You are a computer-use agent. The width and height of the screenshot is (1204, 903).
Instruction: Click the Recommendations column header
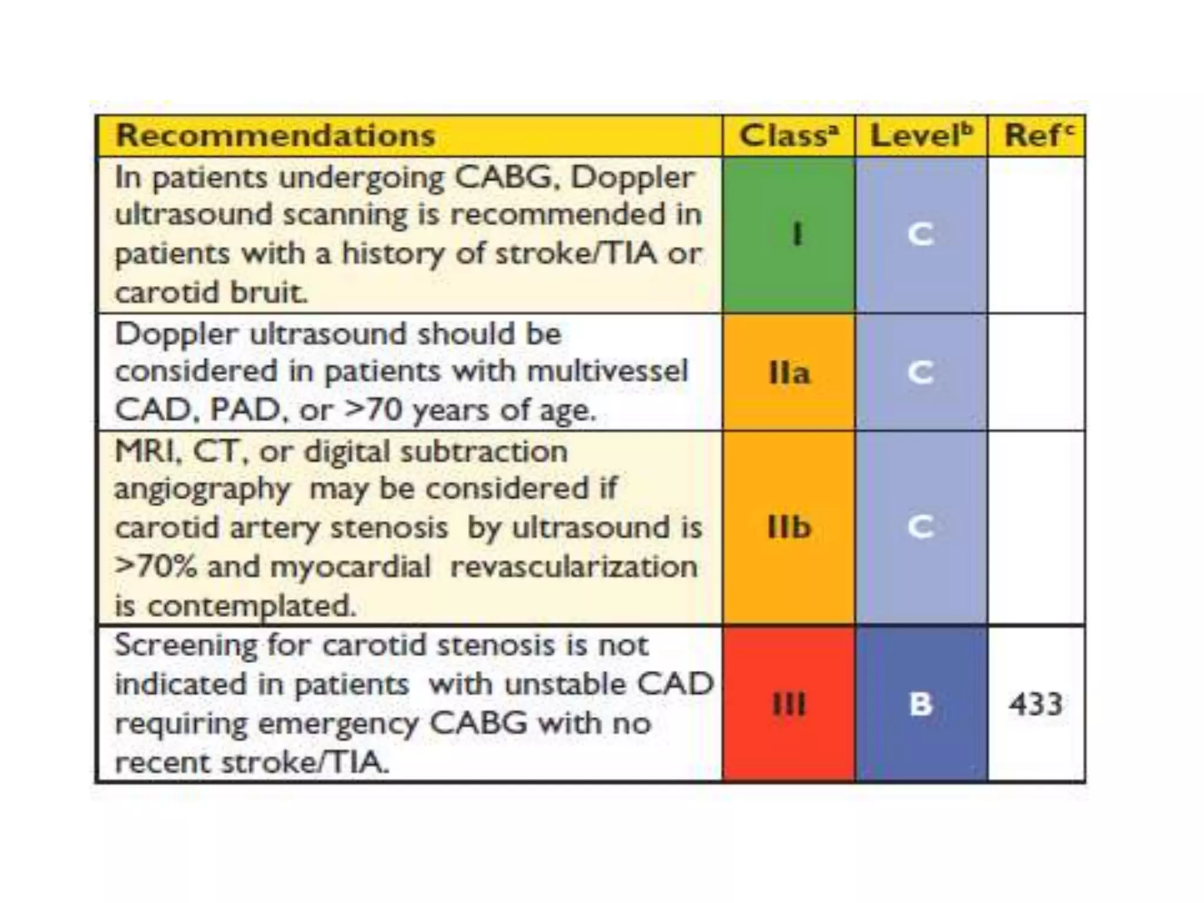coord(275,136)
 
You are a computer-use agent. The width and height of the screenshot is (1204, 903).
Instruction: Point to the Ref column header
coord(1038,136)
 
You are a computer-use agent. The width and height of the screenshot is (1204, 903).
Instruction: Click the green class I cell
coord(788,235)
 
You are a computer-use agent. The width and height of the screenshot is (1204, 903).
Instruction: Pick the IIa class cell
coord(788,373)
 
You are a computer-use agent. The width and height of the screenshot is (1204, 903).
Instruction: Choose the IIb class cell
coord(788,527)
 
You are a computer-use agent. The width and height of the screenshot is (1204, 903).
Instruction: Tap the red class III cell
coord(788,704)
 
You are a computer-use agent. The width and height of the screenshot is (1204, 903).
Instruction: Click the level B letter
coord(921,704)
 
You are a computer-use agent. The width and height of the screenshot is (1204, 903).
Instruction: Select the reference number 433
coord(1036,704)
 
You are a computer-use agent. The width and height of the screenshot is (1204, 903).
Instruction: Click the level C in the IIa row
coord(921,373)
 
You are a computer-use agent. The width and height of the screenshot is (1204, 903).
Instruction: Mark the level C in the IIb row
coord(921,527)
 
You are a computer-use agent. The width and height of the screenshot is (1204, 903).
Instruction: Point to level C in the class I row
coord(921,235)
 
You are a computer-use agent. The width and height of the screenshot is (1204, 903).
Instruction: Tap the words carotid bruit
coord(211,292)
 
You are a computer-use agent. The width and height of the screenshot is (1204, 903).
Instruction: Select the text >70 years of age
coord(470,410)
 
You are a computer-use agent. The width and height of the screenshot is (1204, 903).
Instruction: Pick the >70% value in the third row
coord(156,567)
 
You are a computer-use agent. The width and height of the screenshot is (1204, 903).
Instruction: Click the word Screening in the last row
coord(186,646)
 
